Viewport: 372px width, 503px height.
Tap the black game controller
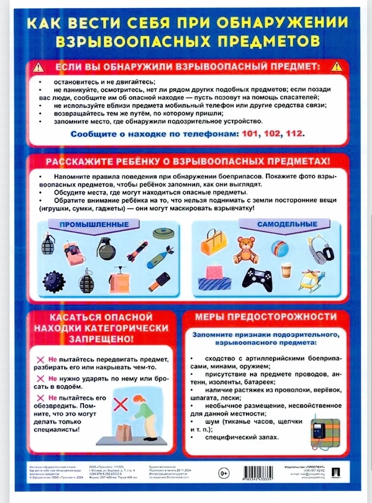pos(258,279)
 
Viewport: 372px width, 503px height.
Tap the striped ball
pos(280,249)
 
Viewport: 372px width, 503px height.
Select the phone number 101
pos(250,133)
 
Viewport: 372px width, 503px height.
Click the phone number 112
pos(294,133)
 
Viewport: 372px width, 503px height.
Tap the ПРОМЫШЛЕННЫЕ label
pos(94,225)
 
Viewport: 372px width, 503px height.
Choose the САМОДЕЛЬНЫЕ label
pos(287,224)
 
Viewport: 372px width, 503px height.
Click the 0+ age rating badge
pos(224,473)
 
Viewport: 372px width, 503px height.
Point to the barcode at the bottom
pos(258,473)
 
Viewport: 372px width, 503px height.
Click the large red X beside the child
pos(120,404)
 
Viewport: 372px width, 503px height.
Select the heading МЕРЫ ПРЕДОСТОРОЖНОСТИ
pos(266,317)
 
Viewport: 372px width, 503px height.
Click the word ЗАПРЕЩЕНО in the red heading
pos(101,339)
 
